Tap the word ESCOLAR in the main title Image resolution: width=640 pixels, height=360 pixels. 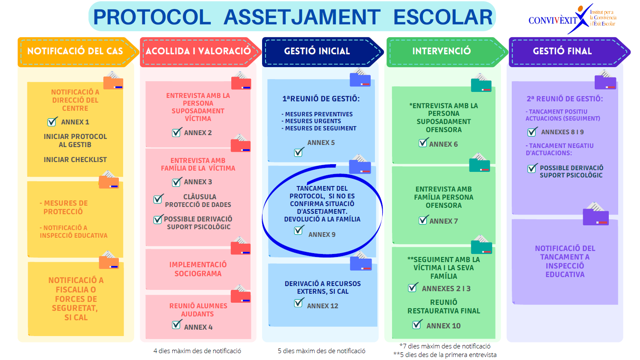pyautogui.click(x=443, y=17)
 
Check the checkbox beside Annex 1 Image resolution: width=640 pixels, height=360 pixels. pyautogui.click(x=52, y=122)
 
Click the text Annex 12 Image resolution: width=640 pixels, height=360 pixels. pyautogui.click(x=323, y=306)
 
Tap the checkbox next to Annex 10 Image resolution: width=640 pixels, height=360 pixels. pyautogui.click(x=417, y=325)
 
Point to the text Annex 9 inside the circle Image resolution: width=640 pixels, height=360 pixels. pyautogui.click(x=322, y=235)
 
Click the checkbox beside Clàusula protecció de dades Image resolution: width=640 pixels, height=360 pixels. pyautogui.click(x=158, y=198)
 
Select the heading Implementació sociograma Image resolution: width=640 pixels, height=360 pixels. pyautogui.click(x=198, y=269)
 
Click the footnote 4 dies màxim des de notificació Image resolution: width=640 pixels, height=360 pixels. pyautogui.click(x=197, y=351)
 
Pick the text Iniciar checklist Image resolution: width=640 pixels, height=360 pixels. pyautogui.click(x=75, y=160)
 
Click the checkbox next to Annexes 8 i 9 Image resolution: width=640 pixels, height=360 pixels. pyautogui.click(x=532, y=132)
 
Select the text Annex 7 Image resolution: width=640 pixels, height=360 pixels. pyautogui.click(x=443, y=221)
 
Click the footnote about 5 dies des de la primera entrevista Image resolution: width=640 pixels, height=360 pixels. pyautogui.click(x=445, y=355)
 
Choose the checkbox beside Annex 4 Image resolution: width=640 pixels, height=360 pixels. pyautogui.click(x=177, y=325)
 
